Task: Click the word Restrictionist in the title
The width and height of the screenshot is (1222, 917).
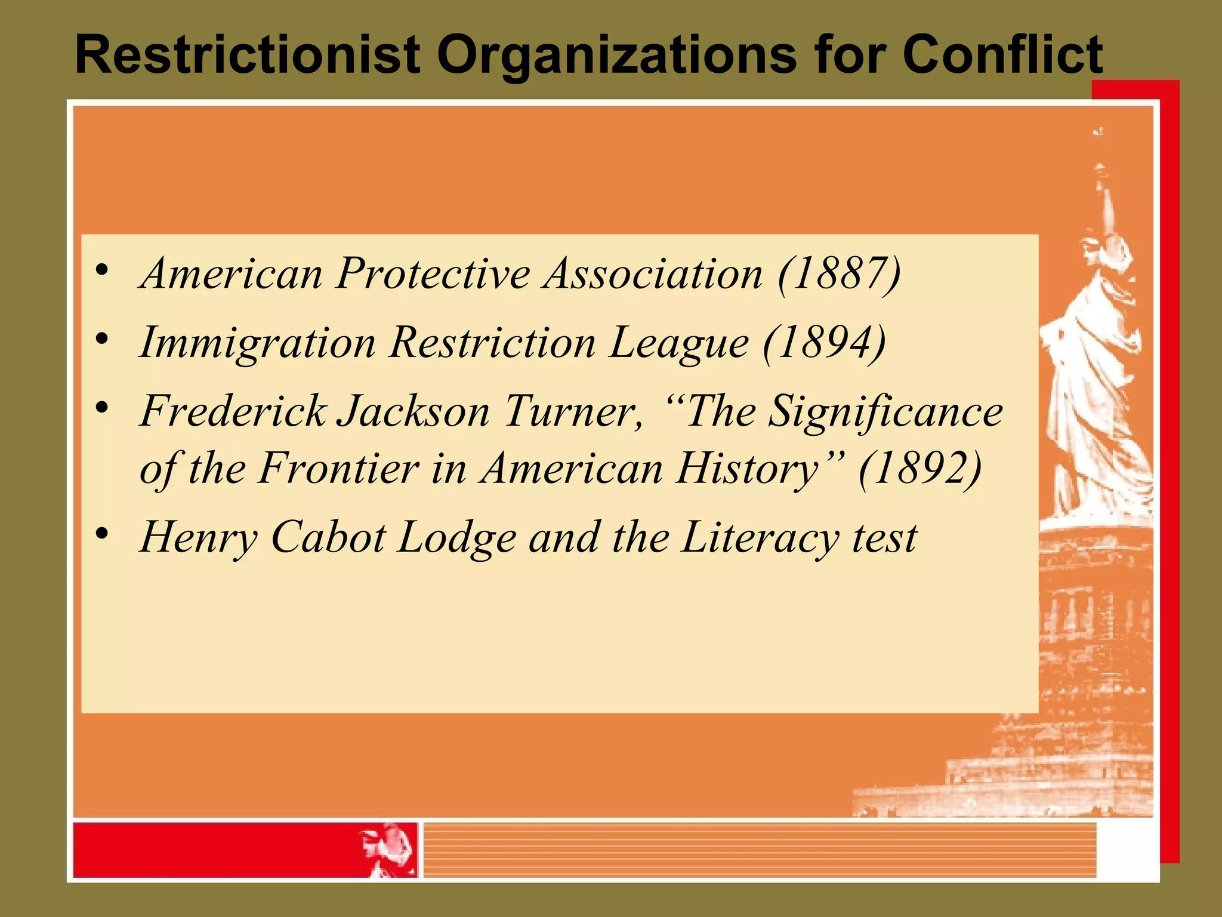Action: (248, 55)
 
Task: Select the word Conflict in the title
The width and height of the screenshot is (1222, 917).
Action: (1002, 55)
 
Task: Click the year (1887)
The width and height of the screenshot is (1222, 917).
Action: (839, 273)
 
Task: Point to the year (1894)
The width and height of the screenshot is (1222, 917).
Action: (825, 343)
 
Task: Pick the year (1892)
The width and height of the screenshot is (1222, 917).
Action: (920, 468)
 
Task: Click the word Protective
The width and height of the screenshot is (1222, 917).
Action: (433, 273)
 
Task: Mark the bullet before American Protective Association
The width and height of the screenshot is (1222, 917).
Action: (102, 270)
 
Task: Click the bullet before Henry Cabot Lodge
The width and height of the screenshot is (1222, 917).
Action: (102, 533)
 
